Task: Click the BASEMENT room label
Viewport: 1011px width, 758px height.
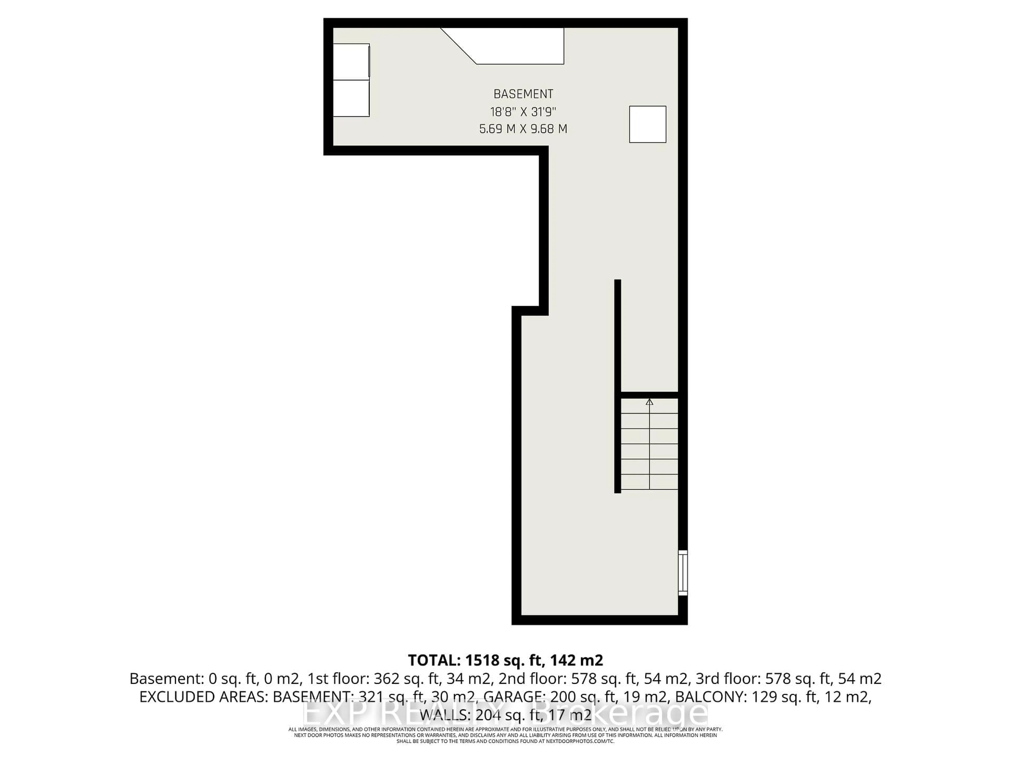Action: pos(523,94)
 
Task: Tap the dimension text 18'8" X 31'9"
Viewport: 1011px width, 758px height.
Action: pos(523,112)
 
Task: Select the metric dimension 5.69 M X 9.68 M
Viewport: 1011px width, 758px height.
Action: pos(523,129)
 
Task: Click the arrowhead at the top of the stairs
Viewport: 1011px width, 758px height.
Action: pos(650,402)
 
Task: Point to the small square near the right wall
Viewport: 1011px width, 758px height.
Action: pos(648,124)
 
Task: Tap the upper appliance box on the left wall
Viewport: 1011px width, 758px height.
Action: pos(351,62)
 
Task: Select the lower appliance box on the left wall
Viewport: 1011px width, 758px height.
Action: pos(351,98)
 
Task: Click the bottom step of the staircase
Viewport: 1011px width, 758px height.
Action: pos(649,482)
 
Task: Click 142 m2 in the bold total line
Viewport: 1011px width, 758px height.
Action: pos(577,660)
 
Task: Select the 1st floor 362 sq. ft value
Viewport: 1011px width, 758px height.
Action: pos(407,679)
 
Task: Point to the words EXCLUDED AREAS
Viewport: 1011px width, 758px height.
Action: pos(204,697)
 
